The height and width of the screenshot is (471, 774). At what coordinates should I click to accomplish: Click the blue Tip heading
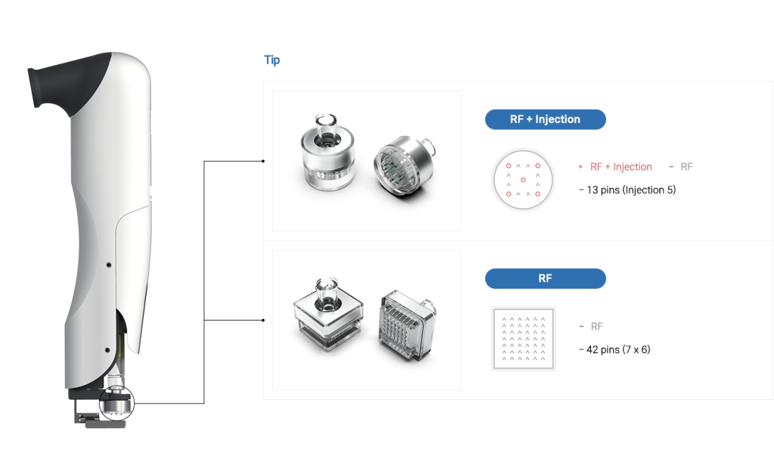coord(272,60)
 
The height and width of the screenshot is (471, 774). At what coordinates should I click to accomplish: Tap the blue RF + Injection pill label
coord(545,119)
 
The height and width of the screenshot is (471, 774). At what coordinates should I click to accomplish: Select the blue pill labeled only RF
coord(545,278)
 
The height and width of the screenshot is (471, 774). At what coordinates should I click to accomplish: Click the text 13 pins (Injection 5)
coord(631,190)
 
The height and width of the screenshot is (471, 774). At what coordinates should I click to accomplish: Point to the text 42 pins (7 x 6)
coord(618,349)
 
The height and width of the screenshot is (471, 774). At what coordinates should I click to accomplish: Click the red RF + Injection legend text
coord(621,167)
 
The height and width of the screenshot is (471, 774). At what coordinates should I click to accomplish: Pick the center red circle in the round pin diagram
coord(523,180)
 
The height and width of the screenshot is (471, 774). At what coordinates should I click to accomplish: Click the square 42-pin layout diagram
coord(524,339)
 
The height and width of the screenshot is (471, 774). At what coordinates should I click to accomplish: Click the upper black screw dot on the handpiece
coord(109,265)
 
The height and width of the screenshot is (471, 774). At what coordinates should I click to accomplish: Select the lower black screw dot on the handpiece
coord(107,350)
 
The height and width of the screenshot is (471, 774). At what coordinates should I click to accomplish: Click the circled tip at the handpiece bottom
coord(117,403)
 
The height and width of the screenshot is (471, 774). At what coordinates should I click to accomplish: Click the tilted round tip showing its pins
coord(404,166)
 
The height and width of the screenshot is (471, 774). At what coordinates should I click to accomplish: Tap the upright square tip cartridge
coord(328,314)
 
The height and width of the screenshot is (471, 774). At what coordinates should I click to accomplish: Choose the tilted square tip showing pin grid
coord(408,324)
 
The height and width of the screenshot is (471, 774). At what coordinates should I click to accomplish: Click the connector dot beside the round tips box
coord(263,161)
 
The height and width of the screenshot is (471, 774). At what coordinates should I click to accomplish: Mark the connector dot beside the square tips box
coord(263,320)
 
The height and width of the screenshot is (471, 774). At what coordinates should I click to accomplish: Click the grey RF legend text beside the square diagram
coord(597,327)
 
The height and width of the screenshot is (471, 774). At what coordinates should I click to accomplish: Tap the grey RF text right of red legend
coord(686,167)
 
